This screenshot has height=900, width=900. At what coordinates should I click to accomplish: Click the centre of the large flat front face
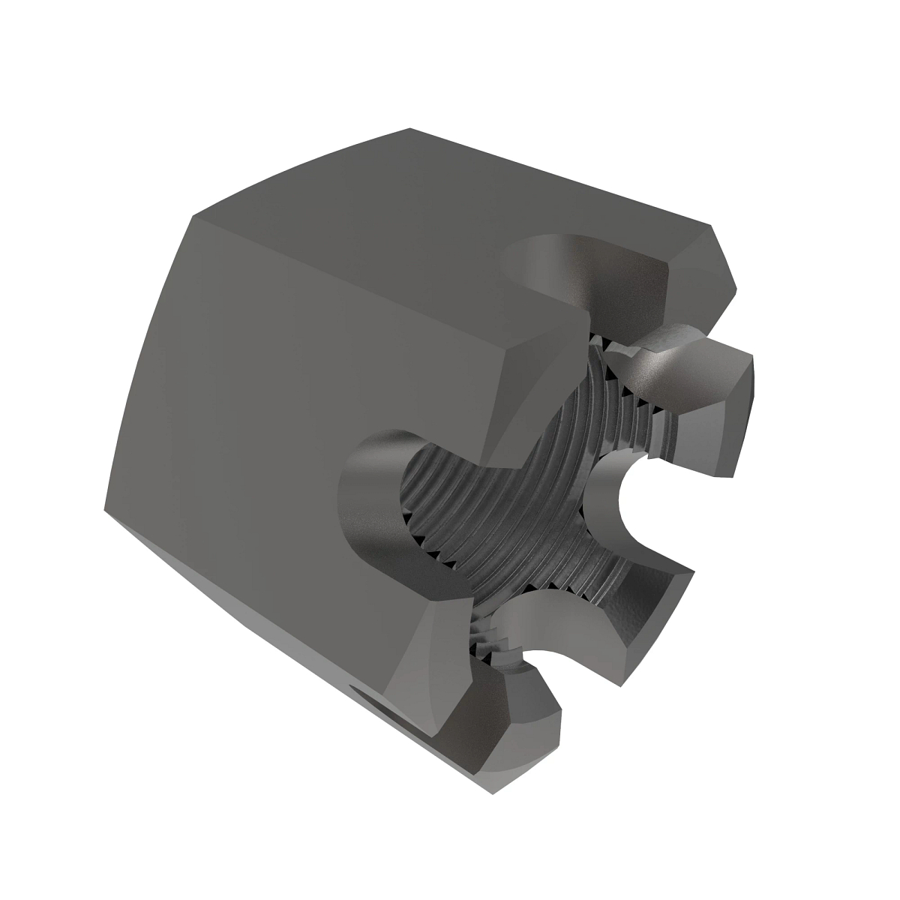300,420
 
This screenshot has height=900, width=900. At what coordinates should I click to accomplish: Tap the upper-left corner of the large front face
192,218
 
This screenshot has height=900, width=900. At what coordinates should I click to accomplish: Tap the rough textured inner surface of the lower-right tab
645,592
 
